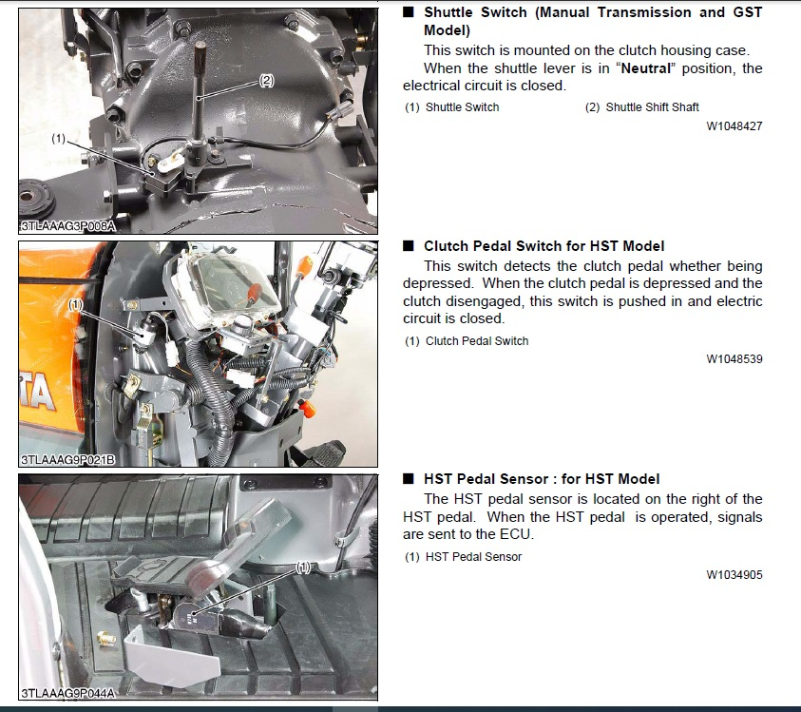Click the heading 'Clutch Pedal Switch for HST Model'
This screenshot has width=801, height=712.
click(544, 246)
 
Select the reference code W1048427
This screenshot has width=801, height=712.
click(734, 126)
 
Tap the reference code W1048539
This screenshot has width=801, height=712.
click(734, 359)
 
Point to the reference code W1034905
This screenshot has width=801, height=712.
click(734, 575)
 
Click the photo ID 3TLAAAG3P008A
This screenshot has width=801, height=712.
click(67, 226)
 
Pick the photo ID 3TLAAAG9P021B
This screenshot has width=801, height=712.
click(67, 460)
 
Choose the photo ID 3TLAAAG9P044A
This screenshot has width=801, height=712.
click(67, 693)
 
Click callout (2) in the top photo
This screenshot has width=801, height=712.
click(267, 80)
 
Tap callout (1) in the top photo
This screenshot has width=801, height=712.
click(59, 139)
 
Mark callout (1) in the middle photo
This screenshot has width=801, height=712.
click(76, 305)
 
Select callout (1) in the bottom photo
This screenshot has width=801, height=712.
click(303, 568)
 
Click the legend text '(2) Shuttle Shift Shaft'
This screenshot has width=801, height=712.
click(641, 107)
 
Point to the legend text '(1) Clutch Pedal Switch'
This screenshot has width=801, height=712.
click(467, 341)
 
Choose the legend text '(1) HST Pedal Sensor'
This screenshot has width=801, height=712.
click(464, 557)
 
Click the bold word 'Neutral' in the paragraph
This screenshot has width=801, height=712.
click(646, 68)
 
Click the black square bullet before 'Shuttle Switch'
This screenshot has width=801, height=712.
click(409, 11)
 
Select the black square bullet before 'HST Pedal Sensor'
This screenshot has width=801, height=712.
click(409, 478)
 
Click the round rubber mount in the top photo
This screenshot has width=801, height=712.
click(36, 199)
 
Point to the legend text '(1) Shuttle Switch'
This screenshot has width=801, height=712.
click(452, 107)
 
